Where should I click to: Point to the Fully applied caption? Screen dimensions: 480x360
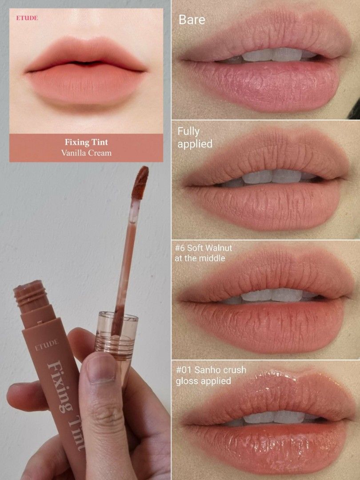[195, 137]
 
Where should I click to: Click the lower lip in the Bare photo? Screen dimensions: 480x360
[267, 84]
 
